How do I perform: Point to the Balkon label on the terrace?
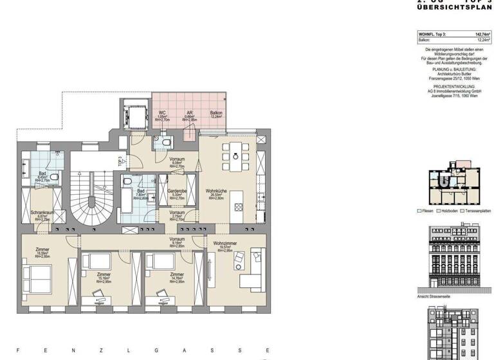(x=216, y=113)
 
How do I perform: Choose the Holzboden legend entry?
(x=447, y=211)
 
